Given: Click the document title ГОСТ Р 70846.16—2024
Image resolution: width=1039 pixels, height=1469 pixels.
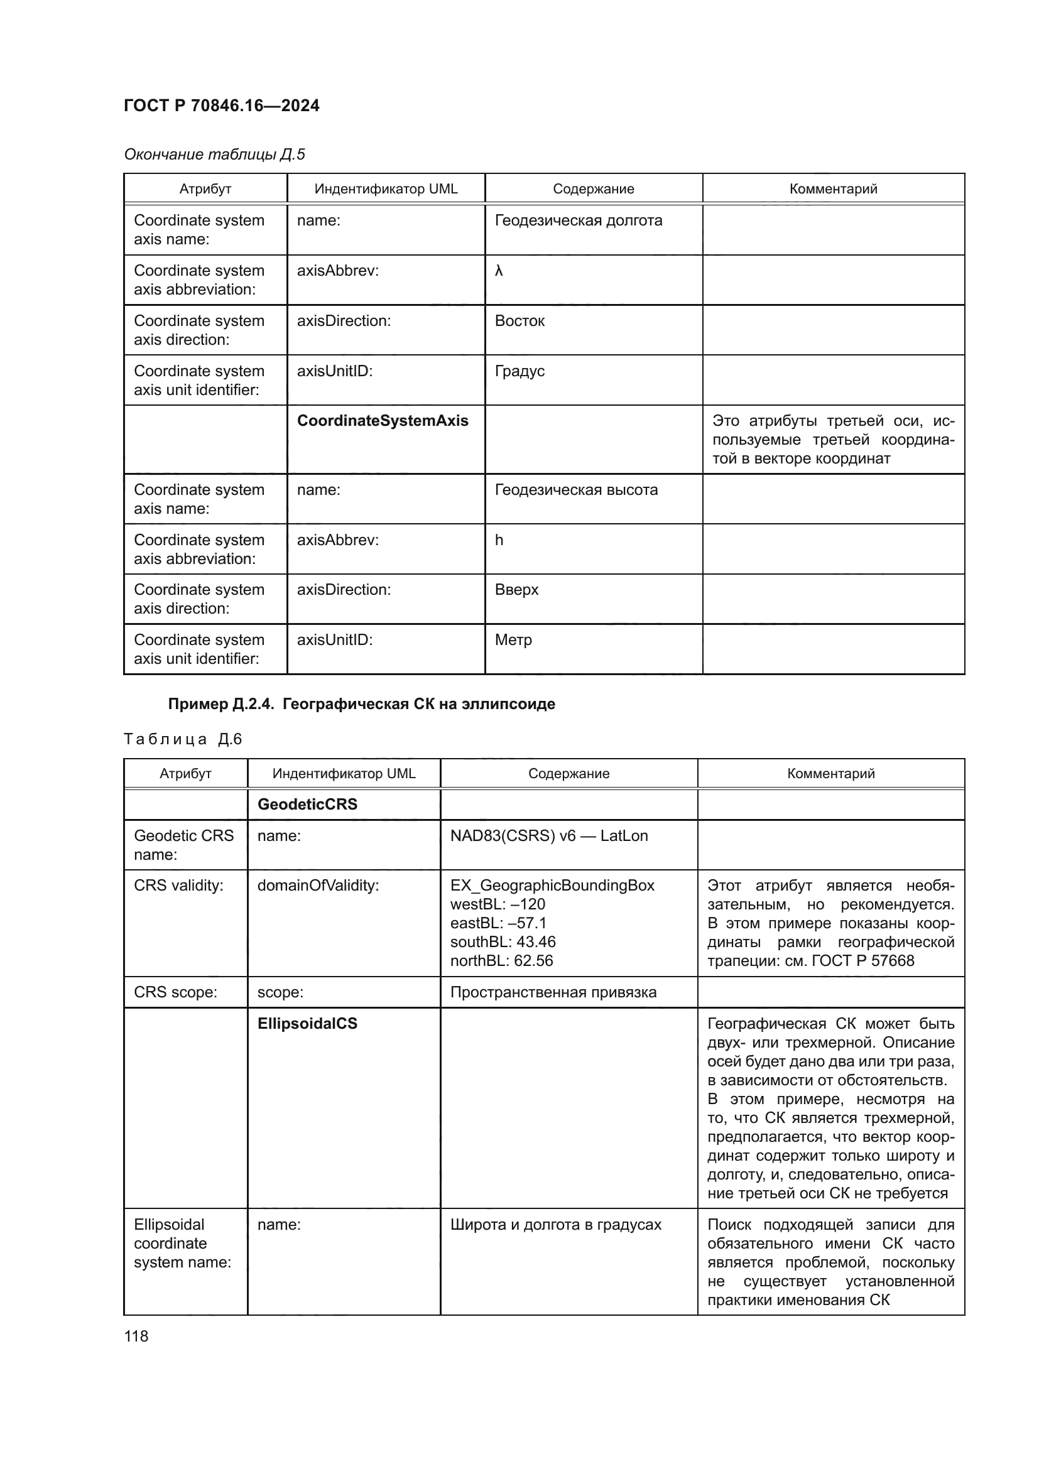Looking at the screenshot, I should (x=221, y=106).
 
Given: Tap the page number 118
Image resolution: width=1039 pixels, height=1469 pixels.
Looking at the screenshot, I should (x=136, y=1336).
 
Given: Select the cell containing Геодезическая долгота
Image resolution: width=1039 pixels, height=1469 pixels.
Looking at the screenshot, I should (x=579, y=220).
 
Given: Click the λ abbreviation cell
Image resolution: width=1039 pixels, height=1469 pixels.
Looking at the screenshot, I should (x=499, y=271).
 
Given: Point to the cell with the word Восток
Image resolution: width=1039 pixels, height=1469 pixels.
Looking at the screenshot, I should (x=519, y=321).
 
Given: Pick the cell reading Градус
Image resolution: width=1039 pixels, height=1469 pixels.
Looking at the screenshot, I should (x=519, y=371).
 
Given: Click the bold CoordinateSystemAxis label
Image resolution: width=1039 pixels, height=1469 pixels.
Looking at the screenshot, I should (x=383, y=421).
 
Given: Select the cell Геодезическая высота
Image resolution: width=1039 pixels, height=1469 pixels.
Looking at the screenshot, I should (x=576, y=490).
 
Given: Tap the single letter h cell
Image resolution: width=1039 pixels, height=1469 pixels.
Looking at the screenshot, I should (x=499, y=540).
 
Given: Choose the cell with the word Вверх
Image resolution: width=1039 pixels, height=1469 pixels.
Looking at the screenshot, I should (x=516, y=590).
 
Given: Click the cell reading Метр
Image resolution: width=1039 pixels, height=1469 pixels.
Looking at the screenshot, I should (x=513, y=640).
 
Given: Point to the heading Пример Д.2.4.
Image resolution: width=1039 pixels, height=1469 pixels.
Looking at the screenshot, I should (x=361, y=704).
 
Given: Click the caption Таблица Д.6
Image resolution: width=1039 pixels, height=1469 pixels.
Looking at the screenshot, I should (x=183, y=740).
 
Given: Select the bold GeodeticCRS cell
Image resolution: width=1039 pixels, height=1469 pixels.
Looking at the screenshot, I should (x=307, y=805).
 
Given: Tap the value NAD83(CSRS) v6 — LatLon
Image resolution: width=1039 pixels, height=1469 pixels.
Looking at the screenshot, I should (x=549, y=836).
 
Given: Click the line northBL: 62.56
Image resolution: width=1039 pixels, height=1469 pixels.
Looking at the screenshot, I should (x=501, y=961).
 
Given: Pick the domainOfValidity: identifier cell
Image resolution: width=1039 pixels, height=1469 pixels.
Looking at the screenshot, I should (x=318, y=886).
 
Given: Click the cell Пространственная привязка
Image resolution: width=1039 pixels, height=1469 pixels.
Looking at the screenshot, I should (x=553, y=992).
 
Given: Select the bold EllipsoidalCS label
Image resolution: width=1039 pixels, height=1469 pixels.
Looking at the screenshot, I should (x=307, y=1024).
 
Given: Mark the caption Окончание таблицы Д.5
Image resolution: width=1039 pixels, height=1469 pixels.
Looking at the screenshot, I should (x=214, y=154).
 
